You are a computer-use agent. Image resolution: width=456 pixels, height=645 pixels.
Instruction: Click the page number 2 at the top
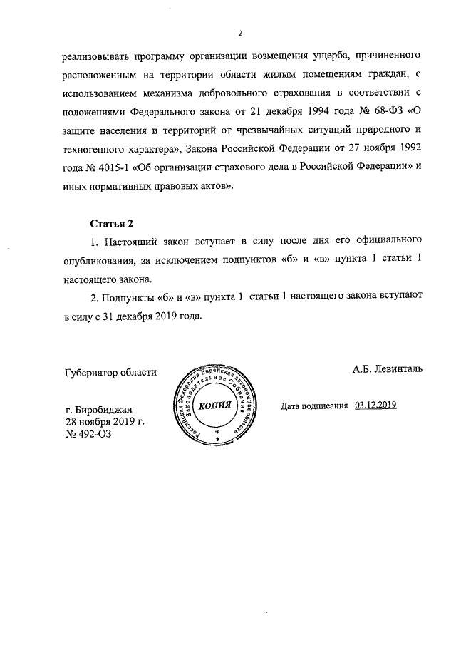(240, 33)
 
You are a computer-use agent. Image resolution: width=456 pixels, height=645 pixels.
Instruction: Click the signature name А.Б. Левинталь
(387, 369)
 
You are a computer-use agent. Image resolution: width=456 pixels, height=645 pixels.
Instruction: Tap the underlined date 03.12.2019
(375, 405)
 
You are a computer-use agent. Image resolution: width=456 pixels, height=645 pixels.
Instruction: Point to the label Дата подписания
(313, 405)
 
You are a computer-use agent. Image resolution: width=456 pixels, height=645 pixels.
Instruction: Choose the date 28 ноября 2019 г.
(105, 421)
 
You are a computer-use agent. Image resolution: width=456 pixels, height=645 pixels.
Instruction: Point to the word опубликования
(97, 261)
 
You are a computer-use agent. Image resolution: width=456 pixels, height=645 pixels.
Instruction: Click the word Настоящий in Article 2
(132, 242)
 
